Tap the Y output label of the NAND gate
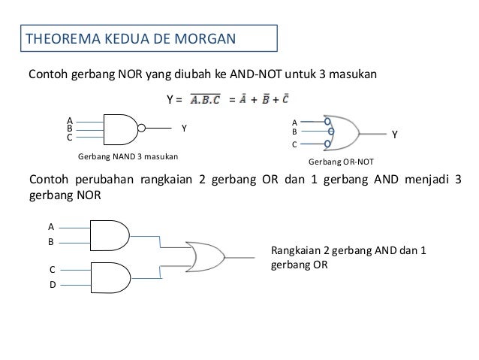(x=184, y=129)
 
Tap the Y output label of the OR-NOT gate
(x=396, y=135)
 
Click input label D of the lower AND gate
(x=52, y=284)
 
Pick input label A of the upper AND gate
(x=51, y=225)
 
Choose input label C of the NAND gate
(x=69, y=138)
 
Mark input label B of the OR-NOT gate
(x=294, y=130)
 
